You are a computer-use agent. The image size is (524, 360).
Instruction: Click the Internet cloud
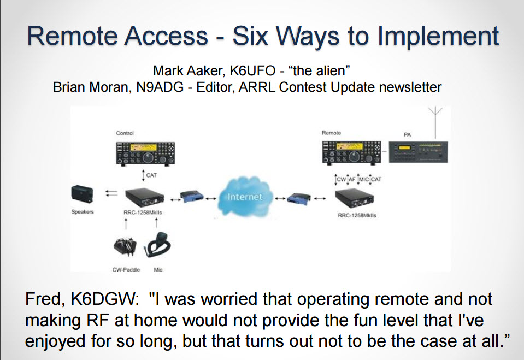tap(245, 197)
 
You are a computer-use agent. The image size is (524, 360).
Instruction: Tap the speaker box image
tap(82, 194)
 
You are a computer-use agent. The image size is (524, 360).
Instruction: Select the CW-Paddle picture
tap(125, 247)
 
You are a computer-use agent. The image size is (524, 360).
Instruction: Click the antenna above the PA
tap(435, 122)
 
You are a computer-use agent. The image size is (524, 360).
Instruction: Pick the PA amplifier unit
tap(418, 152)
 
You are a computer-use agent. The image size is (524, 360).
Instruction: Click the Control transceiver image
tap(145, 154)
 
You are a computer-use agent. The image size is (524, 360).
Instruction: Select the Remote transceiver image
tap(351, 153)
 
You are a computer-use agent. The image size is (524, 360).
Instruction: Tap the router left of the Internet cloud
tap(192, 197)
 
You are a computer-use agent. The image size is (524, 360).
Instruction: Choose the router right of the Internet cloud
tap(299, 199)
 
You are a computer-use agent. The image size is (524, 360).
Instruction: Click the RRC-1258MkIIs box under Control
tap(145, 198)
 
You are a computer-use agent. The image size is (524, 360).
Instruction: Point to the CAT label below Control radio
tap(151, 175)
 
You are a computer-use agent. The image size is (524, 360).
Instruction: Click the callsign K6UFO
tap(252, 71)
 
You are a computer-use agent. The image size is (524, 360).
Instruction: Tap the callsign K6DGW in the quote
tap(105, 299)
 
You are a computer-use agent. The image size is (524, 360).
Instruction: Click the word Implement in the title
tap(438, 37)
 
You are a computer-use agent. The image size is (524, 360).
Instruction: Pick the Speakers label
tap(83, 212)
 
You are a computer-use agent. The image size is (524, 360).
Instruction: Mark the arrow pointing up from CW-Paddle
tap(126, 224)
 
